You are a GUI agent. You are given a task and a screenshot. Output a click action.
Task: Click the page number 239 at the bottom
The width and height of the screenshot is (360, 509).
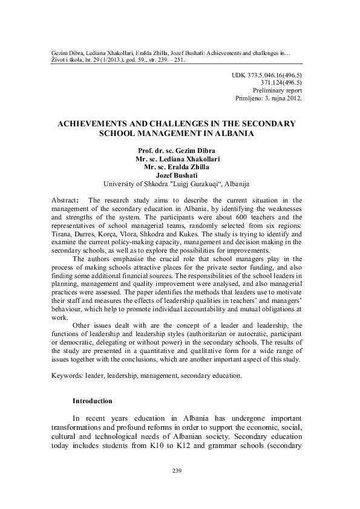tap(177, 471)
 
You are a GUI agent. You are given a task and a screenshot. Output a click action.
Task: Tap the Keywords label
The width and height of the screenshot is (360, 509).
tap(67, 375)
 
